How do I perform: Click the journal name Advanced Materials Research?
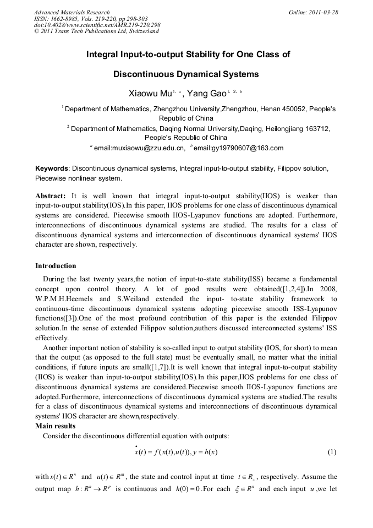(72, 12)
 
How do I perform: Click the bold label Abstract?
(51, 196)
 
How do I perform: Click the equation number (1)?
(331, 452)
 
